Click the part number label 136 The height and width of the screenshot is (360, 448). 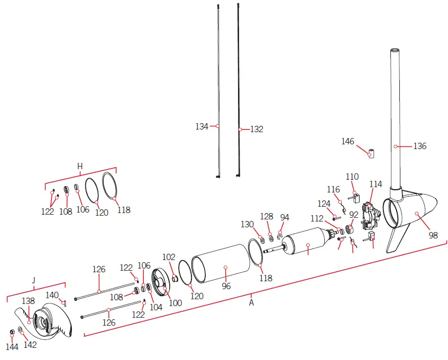click(x=419, y=146)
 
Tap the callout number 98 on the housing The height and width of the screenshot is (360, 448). click(x=433, y=235)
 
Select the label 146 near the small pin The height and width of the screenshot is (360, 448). click(x=348, y=141)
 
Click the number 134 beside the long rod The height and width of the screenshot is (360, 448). click(x=202, y=126)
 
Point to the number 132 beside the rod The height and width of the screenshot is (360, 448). click(x=257, y=129)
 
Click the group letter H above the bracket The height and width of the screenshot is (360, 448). click(x=80, y=166)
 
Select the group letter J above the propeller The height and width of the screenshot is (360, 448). click(x=34, y=279)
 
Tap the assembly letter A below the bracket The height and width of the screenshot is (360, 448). click(x=251, y=303)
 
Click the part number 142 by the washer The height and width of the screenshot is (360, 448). click(x=31, y=345)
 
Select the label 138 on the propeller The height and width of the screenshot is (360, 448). click(x=28, y=301)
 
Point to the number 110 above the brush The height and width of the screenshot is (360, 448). click(x=352, y=177)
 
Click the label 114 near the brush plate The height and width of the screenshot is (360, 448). click(x=376, y=184)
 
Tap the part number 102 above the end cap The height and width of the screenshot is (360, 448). click(x=169, y=257)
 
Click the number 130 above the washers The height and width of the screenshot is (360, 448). click(x=248, y=224)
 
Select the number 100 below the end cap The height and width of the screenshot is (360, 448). click(x=175, y=303)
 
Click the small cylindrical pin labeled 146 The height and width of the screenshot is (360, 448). click(x=371, y=154)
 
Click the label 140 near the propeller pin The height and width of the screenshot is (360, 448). click(x=52, y=295)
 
